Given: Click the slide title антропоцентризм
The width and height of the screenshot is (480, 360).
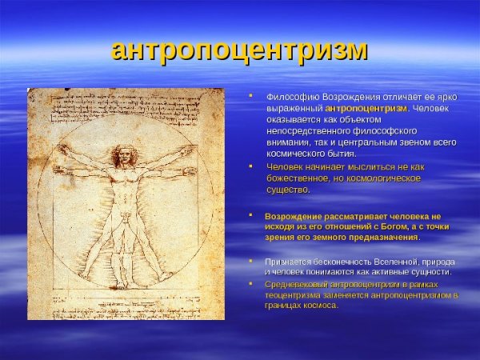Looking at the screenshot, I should click(x=239, y=49).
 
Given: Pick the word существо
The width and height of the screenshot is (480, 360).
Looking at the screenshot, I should click(x=288, y=190).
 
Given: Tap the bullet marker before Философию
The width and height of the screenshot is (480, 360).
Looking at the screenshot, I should click(x=250, y=95).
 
